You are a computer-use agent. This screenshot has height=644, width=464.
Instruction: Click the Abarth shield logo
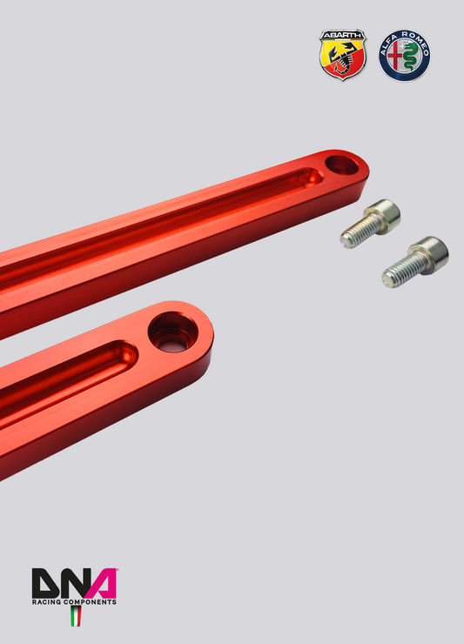tap(342, 55)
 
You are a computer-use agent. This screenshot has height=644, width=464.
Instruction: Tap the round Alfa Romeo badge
tap(404, 55)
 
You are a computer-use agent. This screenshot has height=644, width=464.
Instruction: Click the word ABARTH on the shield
tap(342, 37)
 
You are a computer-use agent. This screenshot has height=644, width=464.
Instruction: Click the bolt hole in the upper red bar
tap(342, 164)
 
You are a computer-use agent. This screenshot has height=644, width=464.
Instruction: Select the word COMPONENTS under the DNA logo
tap(88, 601)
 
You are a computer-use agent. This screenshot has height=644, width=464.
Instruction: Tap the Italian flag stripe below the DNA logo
tap(75, 617)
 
